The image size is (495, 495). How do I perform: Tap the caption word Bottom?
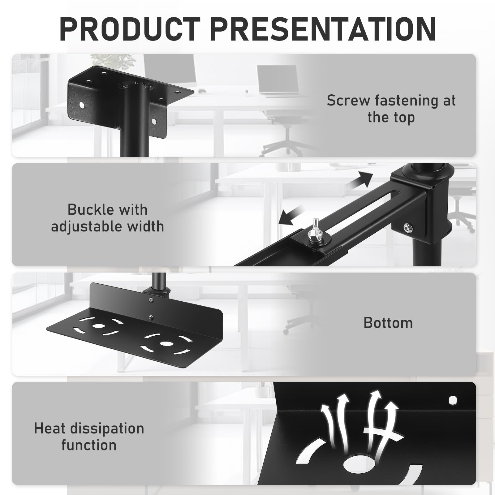point(388,323)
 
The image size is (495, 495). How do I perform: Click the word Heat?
point(50,428)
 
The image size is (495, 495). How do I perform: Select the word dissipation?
point(107,429)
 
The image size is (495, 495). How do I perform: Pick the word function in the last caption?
point(89,445)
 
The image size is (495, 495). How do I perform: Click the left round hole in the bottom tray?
point(98,326)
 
